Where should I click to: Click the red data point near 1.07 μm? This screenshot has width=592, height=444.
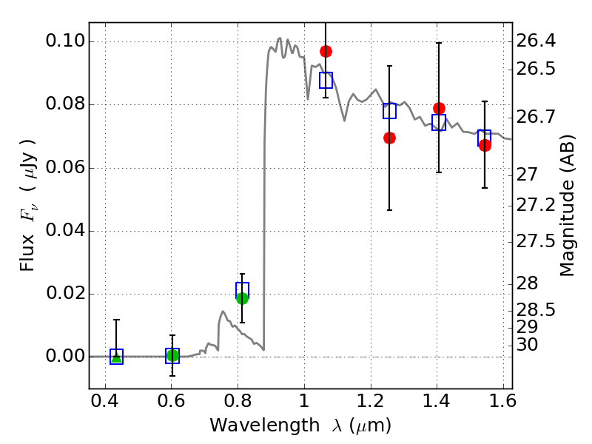pyautogui.click(x=326, y=51)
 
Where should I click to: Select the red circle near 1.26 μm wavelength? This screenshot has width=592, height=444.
pyautogui.click(x=389, y=138)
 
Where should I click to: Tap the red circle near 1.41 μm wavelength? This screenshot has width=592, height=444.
pyautogui.click(x=439, y=108)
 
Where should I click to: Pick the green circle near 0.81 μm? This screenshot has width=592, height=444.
pyautogui.click(x=242, y=298)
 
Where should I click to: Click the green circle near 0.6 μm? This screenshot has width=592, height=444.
pyautogui.click(x=172, y=355)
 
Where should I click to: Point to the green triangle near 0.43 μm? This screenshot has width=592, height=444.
pyautogui.click(x=116, y=357)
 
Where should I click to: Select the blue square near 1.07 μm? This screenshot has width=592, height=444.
pyautogui.click(x=326, y=80)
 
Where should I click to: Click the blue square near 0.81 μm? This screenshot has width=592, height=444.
pyautogui.click(x=242, y=289)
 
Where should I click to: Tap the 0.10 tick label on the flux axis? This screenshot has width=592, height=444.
pyautogui.click(x=64, y=41)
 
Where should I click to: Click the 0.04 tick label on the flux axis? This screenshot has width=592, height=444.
pyautogui.click(x=64, y=231)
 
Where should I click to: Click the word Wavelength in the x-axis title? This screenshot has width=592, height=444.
pyautogui.click(x=252, y=425)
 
